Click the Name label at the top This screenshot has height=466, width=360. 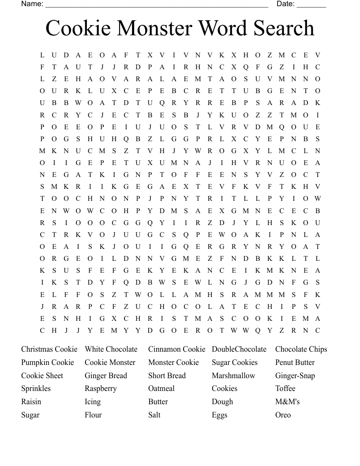pos(32,4)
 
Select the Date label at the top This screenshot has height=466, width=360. pos(285,4)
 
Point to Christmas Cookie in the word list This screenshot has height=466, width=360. pos(49,349)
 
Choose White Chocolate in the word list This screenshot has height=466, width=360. pos(111,349)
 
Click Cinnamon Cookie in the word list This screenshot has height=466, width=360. pos(176,349)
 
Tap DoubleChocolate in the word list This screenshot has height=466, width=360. pos(239,349)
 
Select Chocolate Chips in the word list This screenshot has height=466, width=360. pos(301,349)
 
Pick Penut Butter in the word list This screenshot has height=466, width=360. pos(295,362)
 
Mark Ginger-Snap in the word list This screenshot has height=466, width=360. pos(295,376)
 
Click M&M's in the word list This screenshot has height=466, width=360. pos(287,402)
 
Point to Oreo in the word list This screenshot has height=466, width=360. pos(283,415)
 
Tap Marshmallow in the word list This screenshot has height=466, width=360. pos(233,376)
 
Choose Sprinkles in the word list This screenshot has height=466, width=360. pos(36,389)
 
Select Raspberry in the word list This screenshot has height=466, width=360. pos(101,389)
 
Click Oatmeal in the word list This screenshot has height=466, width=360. pos(161,388)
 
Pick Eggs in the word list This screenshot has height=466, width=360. pos(220,415)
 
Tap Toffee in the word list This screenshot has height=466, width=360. pos(285,388)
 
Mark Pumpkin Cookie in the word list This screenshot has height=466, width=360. pos(48,362)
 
